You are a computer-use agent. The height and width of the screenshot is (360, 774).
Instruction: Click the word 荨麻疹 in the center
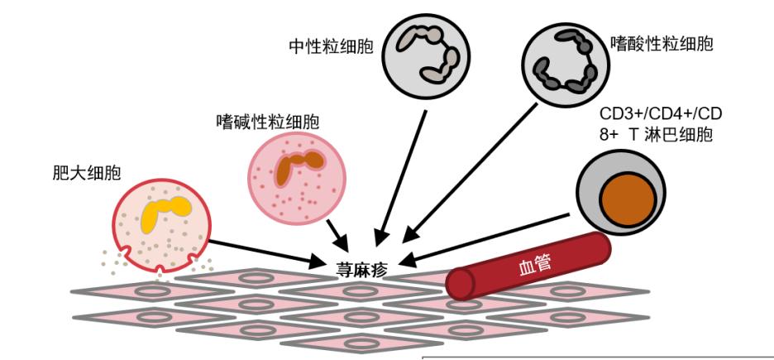point(361,268)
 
